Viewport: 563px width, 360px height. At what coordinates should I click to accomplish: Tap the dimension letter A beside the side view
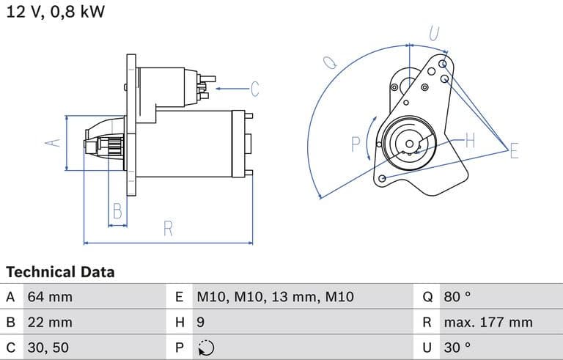(x=51, y=142)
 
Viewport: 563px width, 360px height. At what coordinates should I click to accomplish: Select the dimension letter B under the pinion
(x=117, y=212)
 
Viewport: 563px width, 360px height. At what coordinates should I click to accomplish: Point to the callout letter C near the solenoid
(x=254, y=89)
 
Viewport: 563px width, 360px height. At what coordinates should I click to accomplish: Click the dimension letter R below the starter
(x=168, y=229)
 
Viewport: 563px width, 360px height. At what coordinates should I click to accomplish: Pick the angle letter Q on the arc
(x=330, y=62)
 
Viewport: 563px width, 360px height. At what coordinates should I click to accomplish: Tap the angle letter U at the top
(x=434, y=33)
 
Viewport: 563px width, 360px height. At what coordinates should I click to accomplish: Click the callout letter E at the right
(x=514, y=151)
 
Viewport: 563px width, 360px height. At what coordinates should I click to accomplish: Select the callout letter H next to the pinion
(x=470, y=140)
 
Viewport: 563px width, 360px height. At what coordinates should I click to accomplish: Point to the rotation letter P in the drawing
(x=356, y=144)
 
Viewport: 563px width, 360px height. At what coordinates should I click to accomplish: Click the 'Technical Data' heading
(x=60, y=272)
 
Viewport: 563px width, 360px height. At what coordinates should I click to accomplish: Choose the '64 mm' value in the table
(x=50, y=297)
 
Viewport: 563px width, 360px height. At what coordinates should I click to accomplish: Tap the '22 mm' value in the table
(x=50, y=322)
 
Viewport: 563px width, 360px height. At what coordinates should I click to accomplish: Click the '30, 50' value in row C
(x=48, y=347)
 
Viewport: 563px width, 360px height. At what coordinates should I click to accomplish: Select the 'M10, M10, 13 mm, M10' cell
(x=275, y=297)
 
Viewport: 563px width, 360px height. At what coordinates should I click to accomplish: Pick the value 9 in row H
(x=200, y=322)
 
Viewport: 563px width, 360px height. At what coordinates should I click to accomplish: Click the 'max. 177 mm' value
(x=487, y=322)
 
